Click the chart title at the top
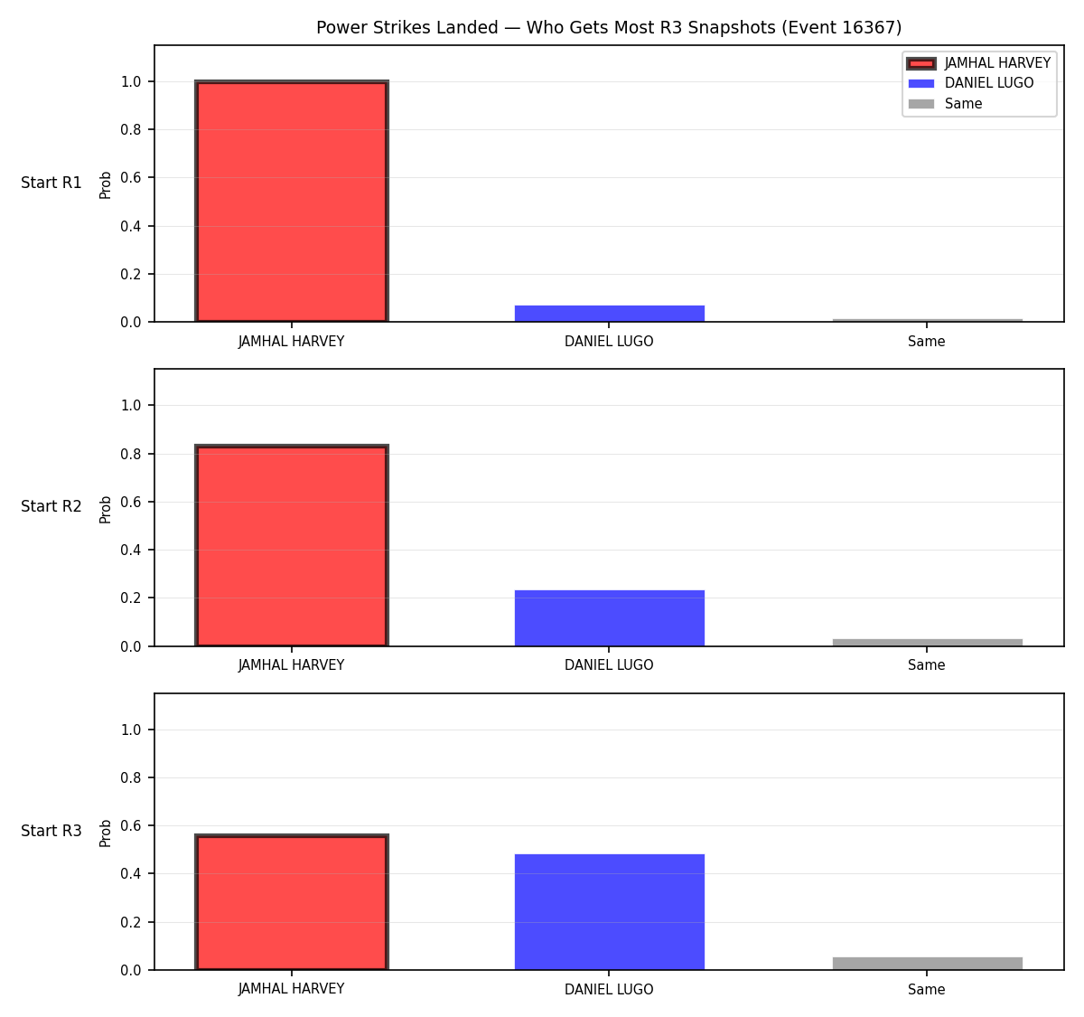609,27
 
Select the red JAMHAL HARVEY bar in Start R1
292,201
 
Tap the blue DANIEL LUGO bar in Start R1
609,313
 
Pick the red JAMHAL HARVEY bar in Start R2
292,545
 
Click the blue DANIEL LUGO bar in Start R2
609,617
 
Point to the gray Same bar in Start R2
927,642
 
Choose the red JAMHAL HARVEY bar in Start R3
292,901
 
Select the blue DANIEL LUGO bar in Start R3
609,911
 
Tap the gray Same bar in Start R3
927,964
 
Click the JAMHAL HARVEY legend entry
978,63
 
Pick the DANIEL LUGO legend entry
970,83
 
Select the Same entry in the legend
945,104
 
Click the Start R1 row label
51,183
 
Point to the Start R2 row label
51,506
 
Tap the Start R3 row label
51,830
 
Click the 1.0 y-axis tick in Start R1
130,81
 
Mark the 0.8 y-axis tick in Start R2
130,454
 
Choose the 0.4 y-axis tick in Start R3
130,873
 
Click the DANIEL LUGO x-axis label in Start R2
609,665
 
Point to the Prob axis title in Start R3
106,833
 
